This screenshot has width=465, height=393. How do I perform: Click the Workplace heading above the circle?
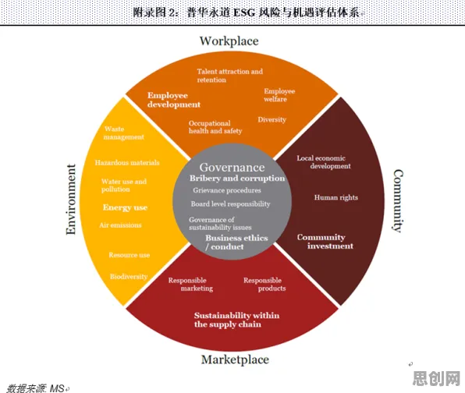coord(229,41)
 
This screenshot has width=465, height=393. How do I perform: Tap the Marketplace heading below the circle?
coord(235,359)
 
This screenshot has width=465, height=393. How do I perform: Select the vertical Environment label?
coord(71,199)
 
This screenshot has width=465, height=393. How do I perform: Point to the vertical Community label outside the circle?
coord(398,201)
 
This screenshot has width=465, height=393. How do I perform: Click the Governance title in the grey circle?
coord(232,168)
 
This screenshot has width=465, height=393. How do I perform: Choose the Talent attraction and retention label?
coord(230,76)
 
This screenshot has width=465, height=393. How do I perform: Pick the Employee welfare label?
coord(279,95)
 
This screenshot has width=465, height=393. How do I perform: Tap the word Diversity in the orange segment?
coord(272,120)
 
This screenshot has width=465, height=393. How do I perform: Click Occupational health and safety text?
coord(215,127)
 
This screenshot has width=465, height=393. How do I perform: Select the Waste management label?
coord(124,133)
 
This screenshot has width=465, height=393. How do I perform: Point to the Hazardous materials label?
coord(127,163)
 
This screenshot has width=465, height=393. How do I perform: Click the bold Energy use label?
coord(125,207)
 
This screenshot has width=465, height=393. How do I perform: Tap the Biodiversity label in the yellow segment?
coord(129,277)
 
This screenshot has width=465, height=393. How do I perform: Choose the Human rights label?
coord(336,198)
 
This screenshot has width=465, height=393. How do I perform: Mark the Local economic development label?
coord(324,162)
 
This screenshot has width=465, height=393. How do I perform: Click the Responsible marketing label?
coord(190,285)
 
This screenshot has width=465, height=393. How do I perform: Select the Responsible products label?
coord(264,285)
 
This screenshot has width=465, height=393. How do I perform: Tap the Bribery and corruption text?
coord(237,179)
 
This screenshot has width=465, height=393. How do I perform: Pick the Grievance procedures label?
coord(227,190)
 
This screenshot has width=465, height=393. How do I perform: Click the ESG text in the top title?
coord(244,12)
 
